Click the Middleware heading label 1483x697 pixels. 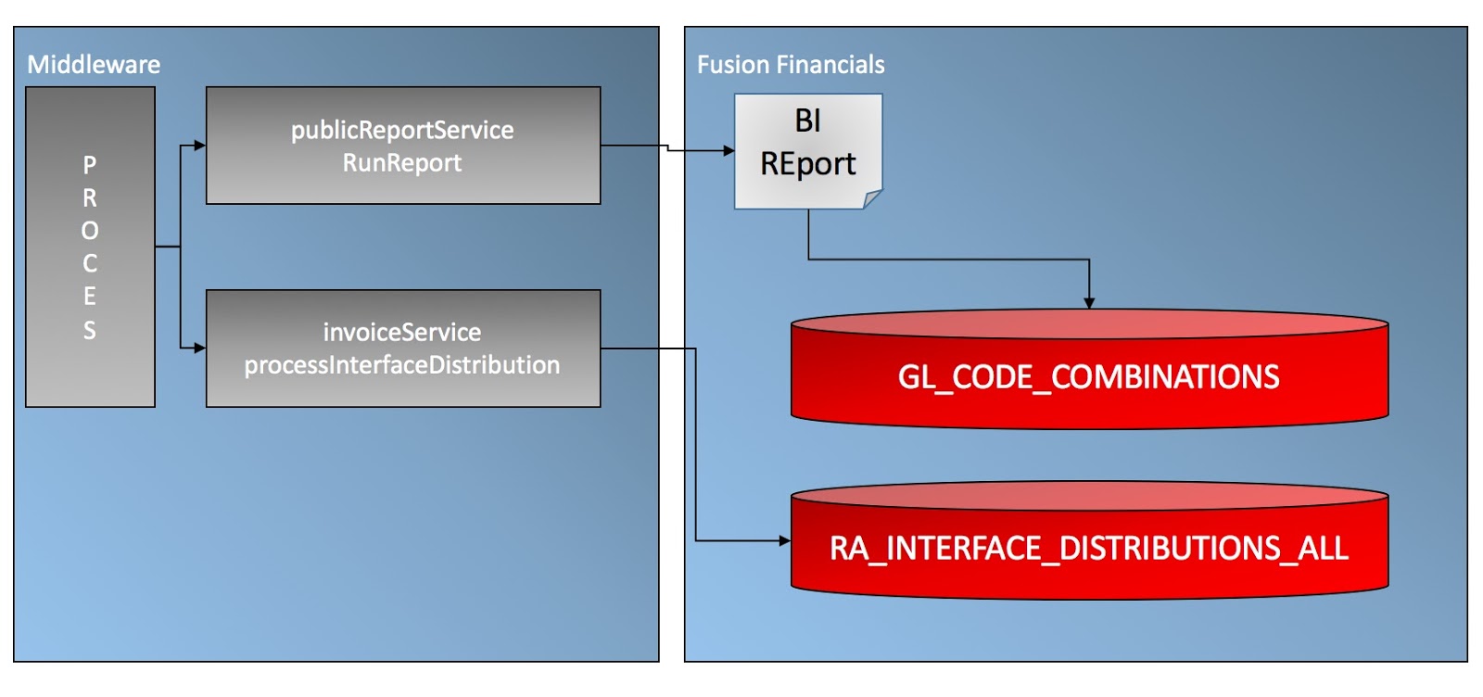point(94,65)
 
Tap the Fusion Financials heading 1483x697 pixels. point(791,65)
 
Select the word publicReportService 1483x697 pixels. point(402,131)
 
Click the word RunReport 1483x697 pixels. point(402,163)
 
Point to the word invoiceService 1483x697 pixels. point(402,333)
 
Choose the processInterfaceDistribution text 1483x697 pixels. point(402,365)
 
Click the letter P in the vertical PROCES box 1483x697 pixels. point(89,165)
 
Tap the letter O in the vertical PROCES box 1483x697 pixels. point(89,231)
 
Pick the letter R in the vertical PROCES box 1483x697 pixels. point(89,198)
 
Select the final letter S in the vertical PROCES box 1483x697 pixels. point(89,330)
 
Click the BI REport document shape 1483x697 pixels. point(808,152)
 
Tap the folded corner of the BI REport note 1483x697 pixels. point(872,199)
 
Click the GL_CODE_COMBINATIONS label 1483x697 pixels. point(1088,377)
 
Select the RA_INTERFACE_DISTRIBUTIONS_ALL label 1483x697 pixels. point(1089,549)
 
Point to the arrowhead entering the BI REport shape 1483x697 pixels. point(729,151)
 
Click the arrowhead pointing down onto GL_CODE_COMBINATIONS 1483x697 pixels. point(1089,303)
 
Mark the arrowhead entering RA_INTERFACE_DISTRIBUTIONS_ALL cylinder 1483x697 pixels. point(785,540)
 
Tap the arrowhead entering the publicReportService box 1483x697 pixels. point(200,146)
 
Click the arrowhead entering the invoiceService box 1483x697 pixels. point(200,348)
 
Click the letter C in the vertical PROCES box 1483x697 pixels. point(89,264)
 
